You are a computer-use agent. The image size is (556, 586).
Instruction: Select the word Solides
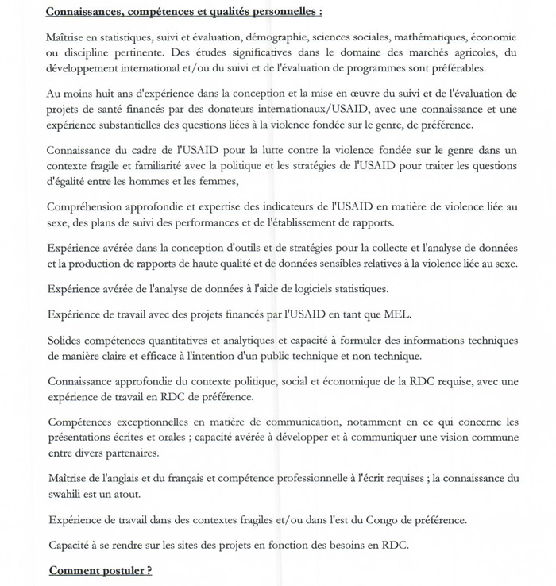(x=64, y=341)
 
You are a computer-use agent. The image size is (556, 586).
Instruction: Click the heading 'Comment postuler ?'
(x=100, y=571)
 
